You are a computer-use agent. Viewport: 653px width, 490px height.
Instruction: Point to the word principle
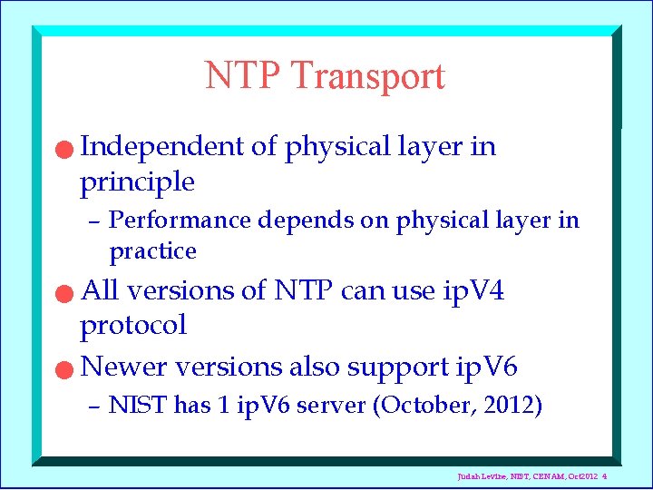137,181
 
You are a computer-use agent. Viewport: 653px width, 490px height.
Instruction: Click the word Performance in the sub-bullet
180,220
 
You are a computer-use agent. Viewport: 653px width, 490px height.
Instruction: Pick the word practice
152,250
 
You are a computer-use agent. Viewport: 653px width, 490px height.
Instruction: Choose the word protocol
133,325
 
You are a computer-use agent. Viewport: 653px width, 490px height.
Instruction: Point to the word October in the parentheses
414,406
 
